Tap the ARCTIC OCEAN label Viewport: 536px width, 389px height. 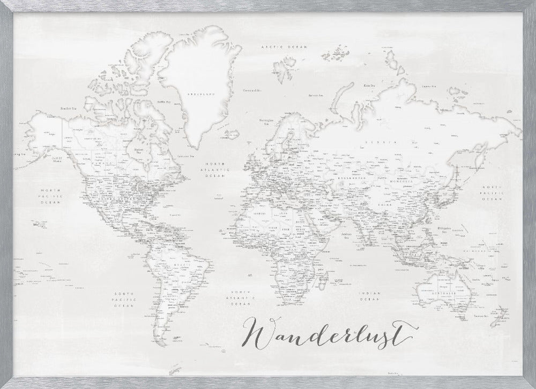(284, 48)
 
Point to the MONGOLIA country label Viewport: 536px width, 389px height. (403, 182)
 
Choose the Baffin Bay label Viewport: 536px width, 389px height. (163, 102)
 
